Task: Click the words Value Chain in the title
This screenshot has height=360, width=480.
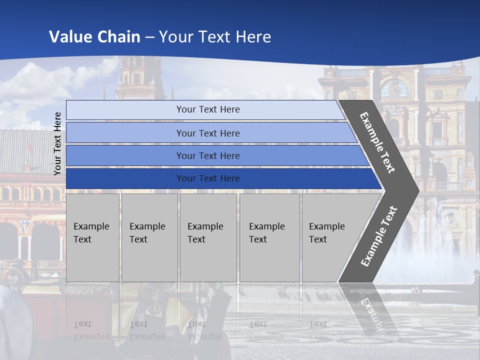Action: pos(94,36)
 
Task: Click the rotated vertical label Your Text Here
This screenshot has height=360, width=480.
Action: pos(57,143)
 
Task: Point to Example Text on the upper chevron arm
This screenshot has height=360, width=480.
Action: pos(377,142)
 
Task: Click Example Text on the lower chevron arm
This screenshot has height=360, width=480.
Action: pos(379,236)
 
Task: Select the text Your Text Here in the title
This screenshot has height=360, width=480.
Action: pos(215,36)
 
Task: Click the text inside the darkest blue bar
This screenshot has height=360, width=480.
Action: pos(208,178)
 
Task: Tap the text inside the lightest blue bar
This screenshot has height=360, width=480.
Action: pos(208,109)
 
